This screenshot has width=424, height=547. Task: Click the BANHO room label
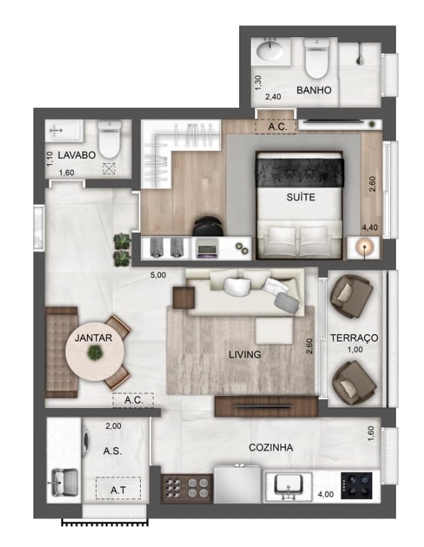313,90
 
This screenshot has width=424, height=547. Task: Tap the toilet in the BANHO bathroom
316,58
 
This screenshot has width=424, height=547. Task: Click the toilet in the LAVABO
110,139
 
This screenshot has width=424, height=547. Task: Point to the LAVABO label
76,155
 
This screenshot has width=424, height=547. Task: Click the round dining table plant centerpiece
95,351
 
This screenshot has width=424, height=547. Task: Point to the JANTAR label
95,338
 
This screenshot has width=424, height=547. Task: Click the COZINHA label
271,448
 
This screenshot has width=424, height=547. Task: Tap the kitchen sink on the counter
288,486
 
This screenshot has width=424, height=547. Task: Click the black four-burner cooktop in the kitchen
360,486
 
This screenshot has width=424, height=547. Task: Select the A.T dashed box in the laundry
118,489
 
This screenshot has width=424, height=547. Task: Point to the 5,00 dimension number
158,276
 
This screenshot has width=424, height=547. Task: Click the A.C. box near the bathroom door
276,127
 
